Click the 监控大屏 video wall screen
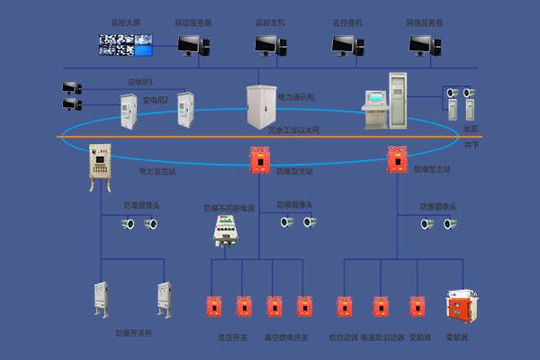126,41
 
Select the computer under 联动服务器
192,43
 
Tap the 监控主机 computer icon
268,43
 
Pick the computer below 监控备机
345,43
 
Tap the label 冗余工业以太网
293,130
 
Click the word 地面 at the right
470,129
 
